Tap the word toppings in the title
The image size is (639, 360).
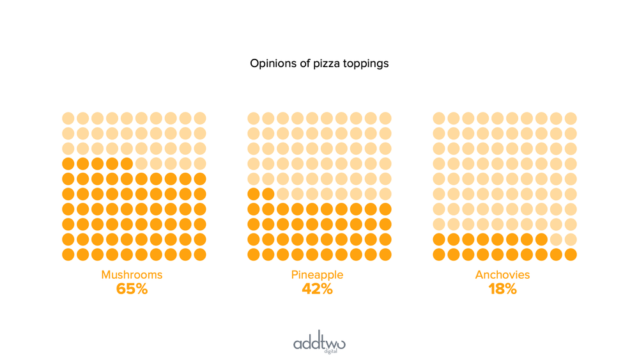tap(366, 65)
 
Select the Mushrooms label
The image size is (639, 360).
tap(132, 275)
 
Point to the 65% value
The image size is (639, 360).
tap(132, 289)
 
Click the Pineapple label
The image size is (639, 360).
tap(317, 275)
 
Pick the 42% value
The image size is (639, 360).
tap(317, 289)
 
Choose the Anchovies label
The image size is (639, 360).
tap(502, 275)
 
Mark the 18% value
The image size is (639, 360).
tap(502, 289)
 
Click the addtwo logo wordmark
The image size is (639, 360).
tap(319, 343)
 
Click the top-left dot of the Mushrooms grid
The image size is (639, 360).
tap(68, 118)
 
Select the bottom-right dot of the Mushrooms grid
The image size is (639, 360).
tap(200, 254)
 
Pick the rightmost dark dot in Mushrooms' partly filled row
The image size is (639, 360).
tap(127, 163)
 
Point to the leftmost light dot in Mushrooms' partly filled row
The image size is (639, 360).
tap(141, 163)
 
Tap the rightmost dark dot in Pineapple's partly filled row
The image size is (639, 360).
tap(268, 194)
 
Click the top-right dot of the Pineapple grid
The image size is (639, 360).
tap(385, 118)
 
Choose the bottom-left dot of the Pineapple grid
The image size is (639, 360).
tap(253, 254)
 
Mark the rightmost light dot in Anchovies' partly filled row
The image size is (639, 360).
tap(571, 240)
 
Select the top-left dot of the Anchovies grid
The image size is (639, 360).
tap(438, 118)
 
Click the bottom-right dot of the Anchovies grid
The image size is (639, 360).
tap(571, 254)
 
